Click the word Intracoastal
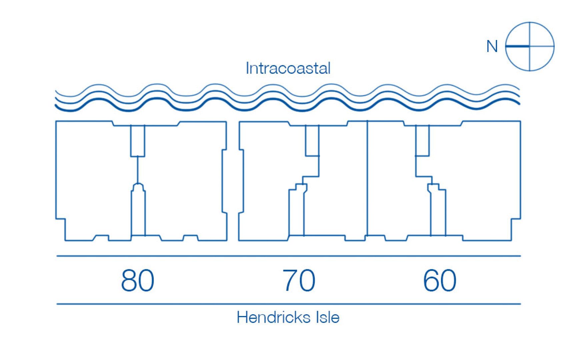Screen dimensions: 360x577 click(x=288, y=68)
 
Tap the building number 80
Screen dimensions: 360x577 click(x=137, y=281)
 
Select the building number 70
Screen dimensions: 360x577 click(x=299, y=281)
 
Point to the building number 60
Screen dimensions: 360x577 click(x=439, y=281)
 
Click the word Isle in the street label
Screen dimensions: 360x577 click(x=327, y=317)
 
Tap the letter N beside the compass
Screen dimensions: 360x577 click(x=492, y=47)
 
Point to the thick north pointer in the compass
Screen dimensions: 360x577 click(x=518, y=46)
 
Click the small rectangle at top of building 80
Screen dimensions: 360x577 click(x=138, y=140)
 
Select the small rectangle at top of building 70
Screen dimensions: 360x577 click(x=312, y=140)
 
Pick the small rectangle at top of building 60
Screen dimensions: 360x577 click(x=422, y=140)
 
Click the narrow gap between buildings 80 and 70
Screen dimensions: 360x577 click(x=233, y=180)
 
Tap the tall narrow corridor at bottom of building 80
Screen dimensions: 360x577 click(x=138, y=213)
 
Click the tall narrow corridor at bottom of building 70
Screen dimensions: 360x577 click(x=296, y=213)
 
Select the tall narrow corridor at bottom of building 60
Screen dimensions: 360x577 click(x=438, y=213)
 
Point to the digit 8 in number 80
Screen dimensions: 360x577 click(x=129, y=281)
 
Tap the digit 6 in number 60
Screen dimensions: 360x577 click(x=431, y=281)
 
